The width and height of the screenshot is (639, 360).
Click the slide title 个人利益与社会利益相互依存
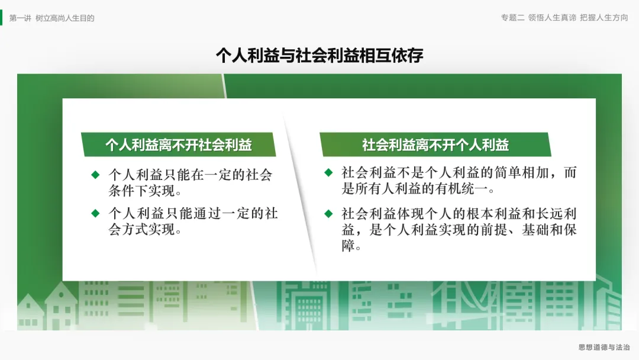(319, 55)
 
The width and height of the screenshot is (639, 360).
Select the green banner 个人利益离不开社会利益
(179, 144)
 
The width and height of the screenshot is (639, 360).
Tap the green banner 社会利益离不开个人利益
(435, 144)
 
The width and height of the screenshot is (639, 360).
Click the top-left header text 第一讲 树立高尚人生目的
(51, 18)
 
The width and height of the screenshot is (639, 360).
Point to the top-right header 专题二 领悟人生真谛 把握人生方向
(564, 18)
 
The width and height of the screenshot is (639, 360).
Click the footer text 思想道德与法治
(604, 348)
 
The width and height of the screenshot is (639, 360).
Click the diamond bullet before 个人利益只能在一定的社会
(95, 175)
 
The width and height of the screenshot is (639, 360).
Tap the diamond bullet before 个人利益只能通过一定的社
(95, 213)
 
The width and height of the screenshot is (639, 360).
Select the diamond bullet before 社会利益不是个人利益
(328, 172)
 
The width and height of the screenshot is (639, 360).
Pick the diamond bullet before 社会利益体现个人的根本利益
(328, 214)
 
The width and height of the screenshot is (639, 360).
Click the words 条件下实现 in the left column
(141, 191)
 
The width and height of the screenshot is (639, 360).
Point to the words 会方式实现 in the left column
(141, 229)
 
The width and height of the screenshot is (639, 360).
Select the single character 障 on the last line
(348, 246)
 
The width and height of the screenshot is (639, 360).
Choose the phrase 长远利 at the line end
(556, 214)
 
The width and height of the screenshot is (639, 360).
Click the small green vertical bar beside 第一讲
(1, 18)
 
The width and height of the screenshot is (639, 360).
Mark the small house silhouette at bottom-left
(30, 311)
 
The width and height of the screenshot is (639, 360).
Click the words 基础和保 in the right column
(549, 230)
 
